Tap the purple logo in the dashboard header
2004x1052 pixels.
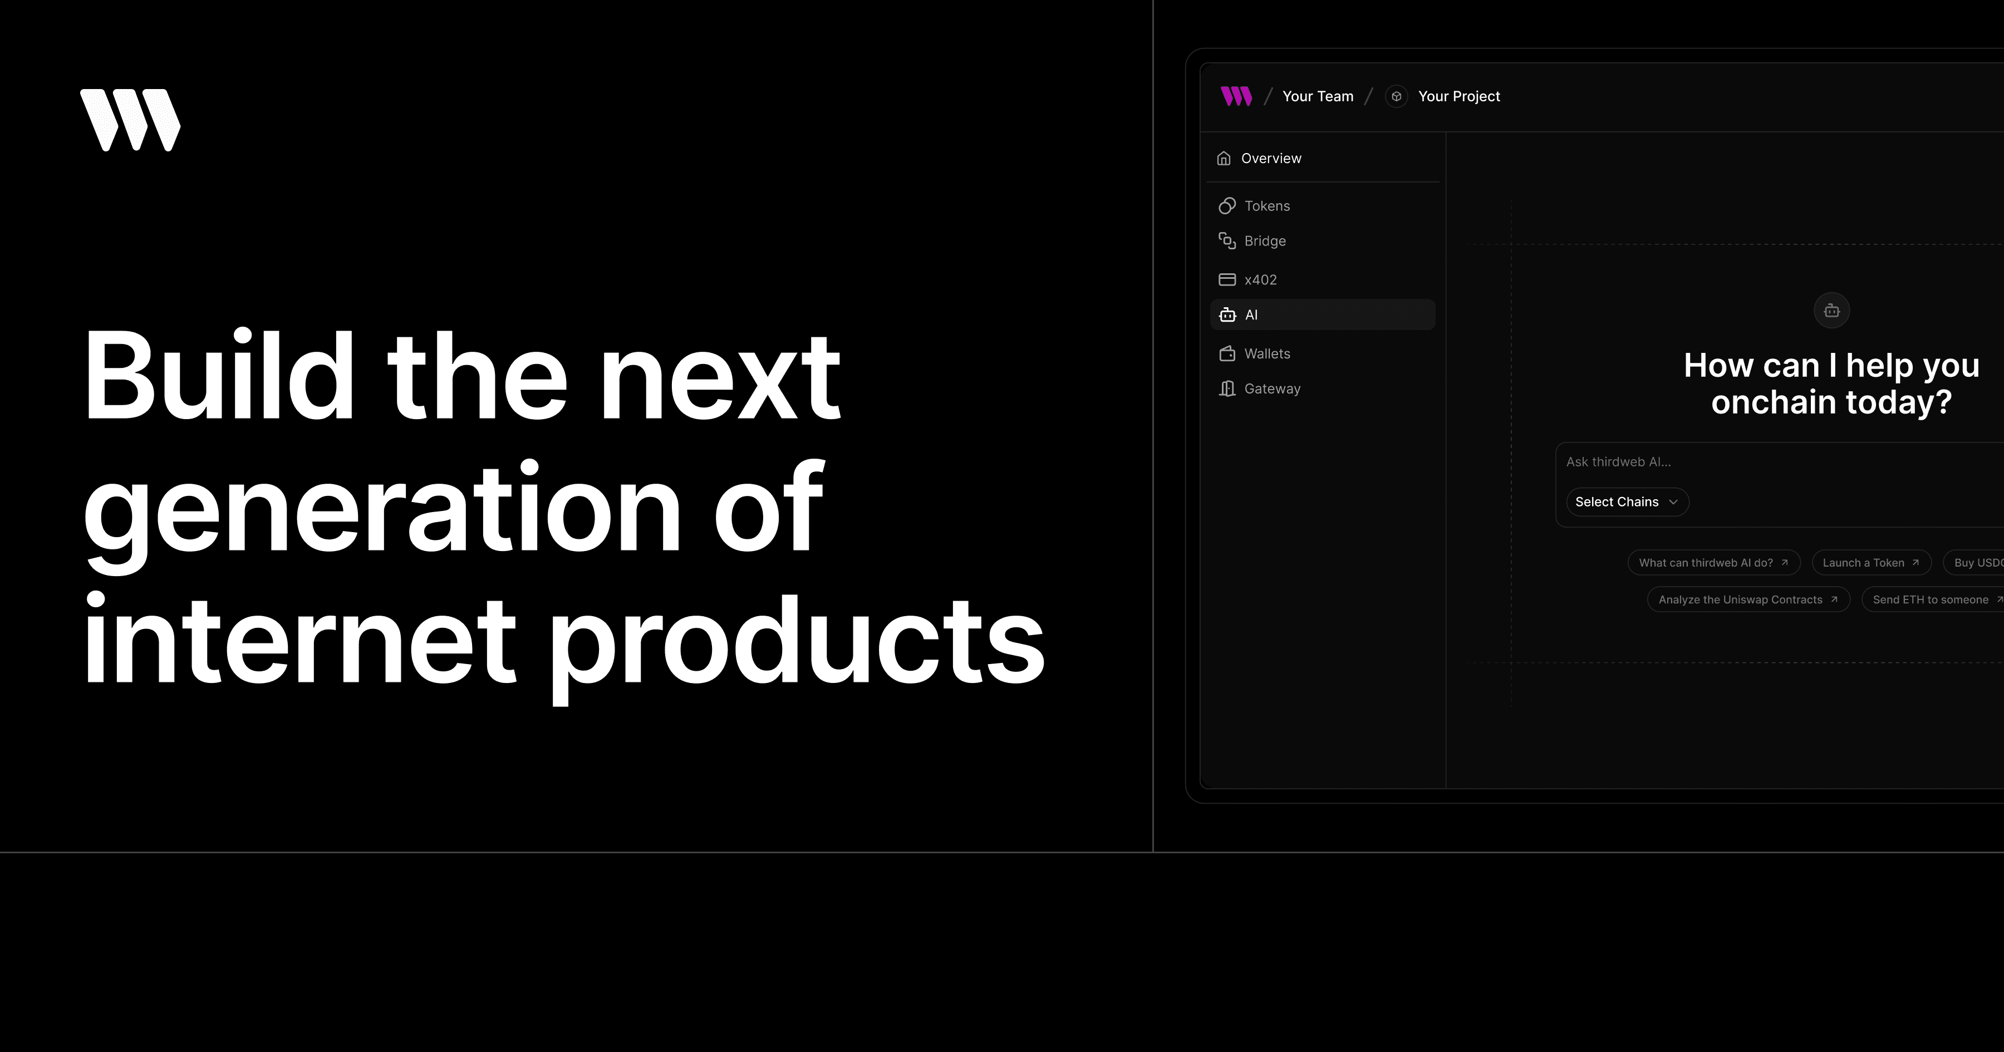[1236, 96]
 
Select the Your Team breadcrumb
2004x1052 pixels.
[1318, 96]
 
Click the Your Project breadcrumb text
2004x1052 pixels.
[1458, 96]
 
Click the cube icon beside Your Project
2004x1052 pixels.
[1397, 96]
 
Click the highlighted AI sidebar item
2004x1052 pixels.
[1323, 314]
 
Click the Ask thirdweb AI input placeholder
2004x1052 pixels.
[1618, 462]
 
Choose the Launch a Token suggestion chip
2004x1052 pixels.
[1871, 563]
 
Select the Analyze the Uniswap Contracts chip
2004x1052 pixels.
[1748, 599]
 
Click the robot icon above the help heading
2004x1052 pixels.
[1831, 311]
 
